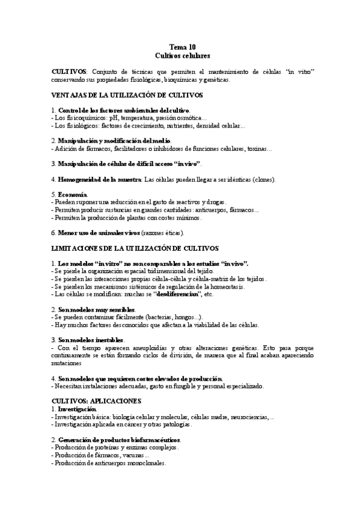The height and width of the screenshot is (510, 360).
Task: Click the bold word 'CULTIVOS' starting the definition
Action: (x=69, y=72)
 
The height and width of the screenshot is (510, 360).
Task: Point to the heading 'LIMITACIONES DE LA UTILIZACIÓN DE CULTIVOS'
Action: (x=135, y=248)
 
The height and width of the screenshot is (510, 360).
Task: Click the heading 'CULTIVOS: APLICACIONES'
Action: (x=97, y=400)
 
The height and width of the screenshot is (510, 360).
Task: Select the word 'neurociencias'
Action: (x=248, y=416)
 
